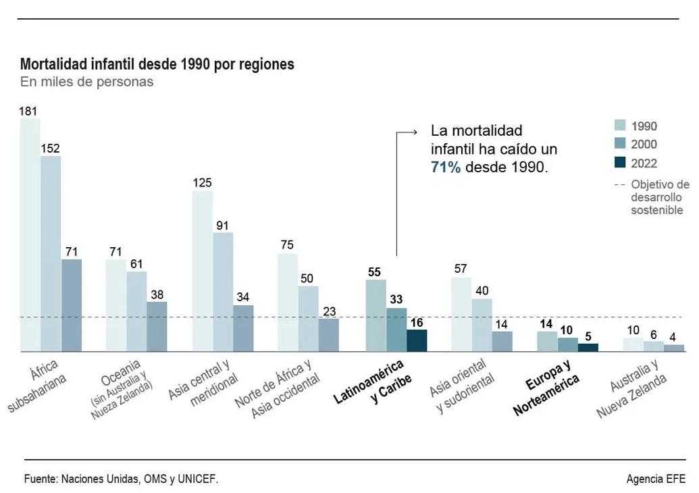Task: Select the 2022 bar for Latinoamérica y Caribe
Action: pyautogui.click(x=417, y=340)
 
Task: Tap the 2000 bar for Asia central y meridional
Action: pyautogui.click(x=223, y=292)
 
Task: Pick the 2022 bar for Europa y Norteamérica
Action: pyautogui.click(x=588, y=347)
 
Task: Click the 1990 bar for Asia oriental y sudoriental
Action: pyautogui.click(x=461, y=314)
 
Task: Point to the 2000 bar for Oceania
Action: pyautogui.click(x=136, y=311)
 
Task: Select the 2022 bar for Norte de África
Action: pyautogui.click(x=329, y=335)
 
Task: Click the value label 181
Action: pyautogui.click(x=28, y=111)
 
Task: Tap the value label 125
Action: pyautogui.click(x=202, y=182)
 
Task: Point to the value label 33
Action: pyautogui.click(x=396, y=299)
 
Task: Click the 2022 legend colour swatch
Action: pyautogui.click(x=621, y=163)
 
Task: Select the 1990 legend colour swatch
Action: pyautogui.click(x=621, y=126)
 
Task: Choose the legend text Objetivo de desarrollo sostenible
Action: pyautogui.click(x=659, y=197)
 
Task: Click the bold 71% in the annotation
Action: pyautogui.click(x=446, y=167)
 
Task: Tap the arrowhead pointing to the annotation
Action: pyautogui.click(x=416, y=133)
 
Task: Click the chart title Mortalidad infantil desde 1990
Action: pyautogui.click(x=157, y=65)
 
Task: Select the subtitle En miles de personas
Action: pyautogui.click(x=86, y=82)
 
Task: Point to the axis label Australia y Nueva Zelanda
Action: pyautogui.click(x=632, y=390)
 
